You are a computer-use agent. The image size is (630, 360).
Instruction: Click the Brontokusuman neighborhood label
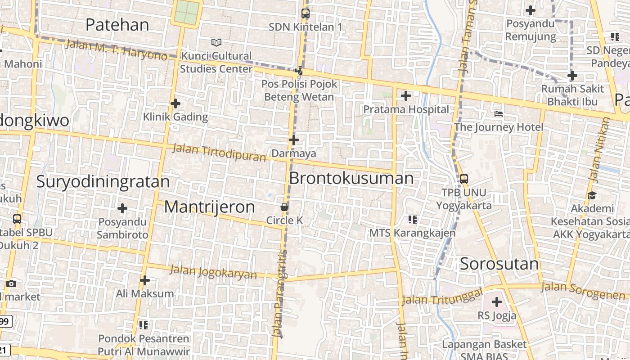point(351,178)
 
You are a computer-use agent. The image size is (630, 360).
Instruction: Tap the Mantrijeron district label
point(209,207)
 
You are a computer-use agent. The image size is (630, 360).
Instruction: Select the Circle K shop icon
point(284,207)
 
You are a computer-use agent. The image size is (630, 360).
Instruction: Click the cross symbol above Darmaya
point(294,140)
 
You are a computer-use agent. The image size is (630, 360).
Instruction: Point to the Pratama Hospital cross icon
point(406,95)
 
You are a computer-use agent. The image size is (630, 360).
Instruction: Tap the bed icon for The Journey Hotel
point(499,114)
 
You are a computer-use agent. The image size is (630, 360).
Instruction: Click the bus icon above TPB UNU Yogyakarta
point(464,179)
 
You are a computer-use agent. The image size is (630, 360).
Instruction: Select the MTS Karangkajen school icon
point(412,220)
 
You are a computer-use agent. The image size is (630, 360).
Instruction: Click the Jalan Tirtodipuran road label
point(219,153)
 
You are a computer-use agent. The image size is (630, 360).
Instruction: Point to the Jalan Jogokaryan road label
point(213,272)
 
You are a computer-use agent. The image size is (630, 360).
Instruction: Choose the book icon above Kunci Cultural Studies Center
point(216,42)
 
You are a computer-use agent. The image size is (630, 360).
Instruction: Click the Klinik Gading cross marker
point(175,103)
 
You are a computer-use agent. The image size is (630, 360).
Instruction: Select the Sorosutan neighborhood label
point(499,264)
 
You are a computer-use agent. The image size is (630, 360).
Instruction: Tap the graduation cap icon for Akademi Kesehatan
point(592,195)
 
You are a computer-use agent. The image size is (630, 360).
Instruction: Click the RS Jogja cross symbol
point(497,301)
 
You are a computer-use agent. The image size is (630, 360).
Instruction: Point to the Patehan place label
point(117,25)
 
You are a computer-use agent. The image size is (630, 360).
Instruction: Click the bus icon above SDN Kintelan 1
point(306,13)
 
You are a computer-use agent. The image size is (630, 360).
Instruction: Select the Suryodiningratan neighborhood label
point(103,182)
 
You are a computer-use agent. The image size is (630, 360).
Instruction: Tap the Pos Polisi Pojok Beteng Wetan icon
point(299,70)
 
